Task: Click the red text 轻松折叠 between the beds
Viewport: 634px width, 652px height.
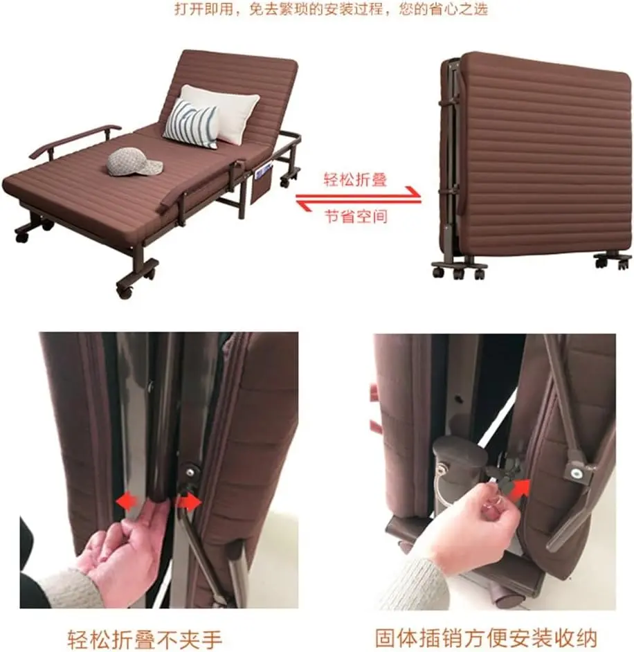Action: click(356, 180)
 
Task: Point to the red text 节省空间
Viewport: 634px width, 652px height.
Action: click(356, 216)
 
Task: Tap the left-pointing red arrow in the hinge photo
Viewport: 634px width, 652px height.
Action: click(127, 502)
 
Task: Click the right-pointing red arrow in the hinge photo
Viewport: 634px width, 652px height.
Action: click(189, 502)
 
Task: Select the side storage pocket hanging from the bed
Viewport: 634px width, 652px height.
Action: click(262, 184)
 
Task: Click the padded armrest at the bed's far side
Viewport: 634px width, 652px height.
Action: click(75, 141)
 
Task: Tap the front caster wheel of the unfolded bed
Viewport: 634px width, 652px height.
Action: click(125, 289)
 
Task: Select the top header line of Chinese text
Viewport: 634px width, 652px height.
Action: click(331, 9)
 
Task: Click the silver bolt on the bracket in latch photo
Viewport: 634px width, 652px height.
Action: click(577, 472)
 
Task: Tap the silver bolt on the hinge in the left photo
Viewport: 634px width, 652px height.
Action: click(191, 471)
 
